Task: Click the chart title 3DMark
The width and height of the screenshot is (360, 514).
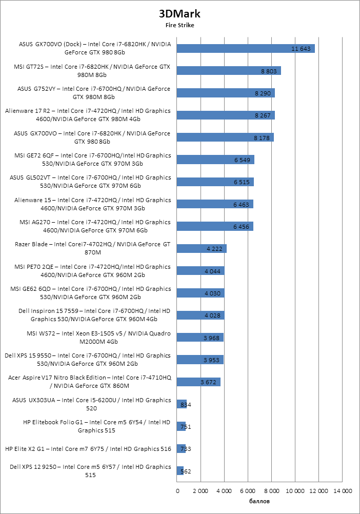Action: [179, 13]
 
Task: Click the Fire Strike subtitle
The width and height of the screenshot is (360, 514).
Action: [179, 24]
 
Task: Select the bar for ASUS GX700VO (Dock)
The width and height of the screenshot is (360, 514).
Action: [246, 48]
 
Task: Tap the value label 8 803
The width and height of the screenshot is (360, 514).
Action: [269, 71]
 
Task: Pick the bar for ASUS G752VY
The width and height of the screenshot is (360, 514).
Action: [226, 93]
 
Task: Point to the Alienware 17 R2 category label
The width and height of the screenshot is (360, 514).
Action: [87, 115]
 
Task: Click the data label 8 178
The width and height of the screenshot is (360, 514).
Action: [262, 137]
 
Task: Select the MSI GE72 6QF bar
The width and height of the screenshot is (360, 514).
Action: [215, 160]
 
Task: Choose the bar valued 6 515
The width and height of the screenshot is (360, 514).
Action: [215, 182]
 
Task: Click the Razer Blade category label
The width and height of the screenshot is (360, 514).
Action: [92, 249]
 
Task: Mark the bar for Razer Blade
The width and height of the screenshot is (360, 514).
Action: [202, 249]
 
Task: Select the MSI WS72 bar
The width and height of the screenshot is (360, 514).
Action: [200, 338]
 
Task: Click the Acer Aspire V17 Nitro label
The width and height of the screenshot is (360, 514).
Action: [89, 382]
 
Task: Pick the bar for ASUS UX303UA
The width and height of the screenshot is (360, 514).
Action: [182, 404]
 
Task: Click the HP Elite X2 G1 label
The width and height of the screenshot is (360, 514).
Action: [88, 449]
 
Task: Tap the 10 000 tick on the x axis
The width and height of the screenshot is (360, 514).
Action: [295, 491]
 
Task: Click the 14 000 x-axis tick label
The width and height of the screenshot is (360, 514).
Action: [343, 491]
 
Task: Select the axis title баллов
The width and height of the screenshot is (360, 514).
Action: [259, 501]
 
